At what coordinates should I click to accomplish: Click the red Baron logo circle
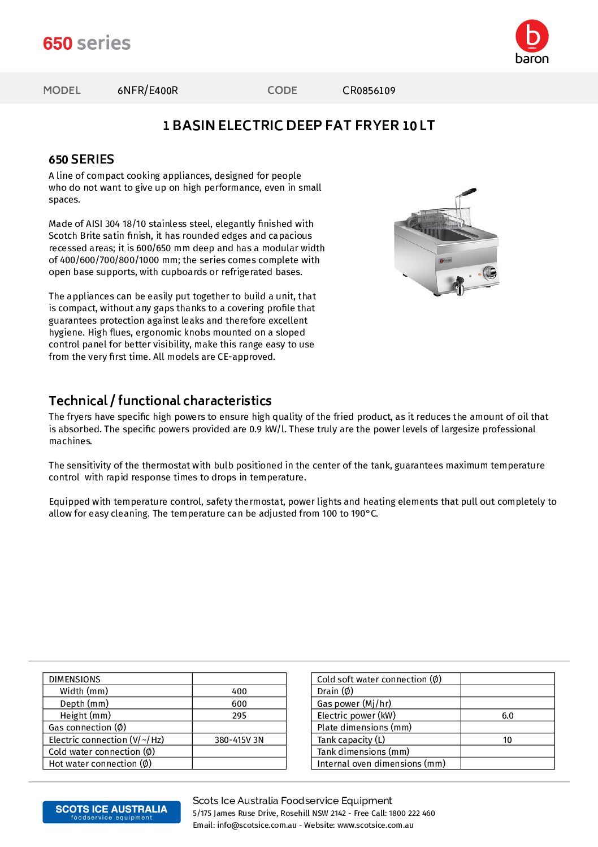click(532, 36)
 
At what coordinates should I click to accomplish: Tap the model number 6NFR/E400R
click(148, 91)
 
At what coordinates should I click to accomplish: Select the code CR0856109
click(369, 91)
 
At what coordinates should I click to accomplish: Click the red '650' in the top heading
click(58, 44)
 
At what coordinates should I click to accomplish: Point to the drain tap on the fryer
click(459, 285)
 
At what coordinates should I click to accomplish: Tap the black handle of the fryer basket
click(469, 192)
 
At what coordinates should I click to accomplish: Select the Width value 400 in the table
click(239, 691)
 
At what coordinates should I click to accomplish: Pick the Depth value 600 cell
click(239, 704)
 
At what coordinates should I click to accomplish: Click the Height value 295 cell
click(239, 716)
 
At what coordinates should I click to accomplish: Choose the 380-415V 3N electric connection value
click(239, 740)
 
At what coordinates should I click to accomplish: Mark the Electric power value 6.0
click(508, 716)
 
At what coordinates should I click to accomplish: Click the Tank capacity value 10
click(507, 740)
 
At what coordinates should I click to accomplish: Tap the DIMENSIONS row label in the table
click(75, 680)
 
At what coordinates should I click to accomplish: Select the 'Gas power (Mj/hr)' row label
click(354, 704)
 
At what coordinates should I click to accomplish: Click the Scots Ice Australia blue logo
click(111, 812)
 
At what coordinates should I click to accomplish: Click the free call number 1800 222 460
click(412, 814)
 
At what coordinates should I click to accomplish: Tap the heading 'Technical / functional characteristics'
click(160, 401)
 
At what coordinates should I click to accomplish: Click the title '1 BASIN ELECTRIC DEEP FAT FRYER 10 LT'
click(298, 126)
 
